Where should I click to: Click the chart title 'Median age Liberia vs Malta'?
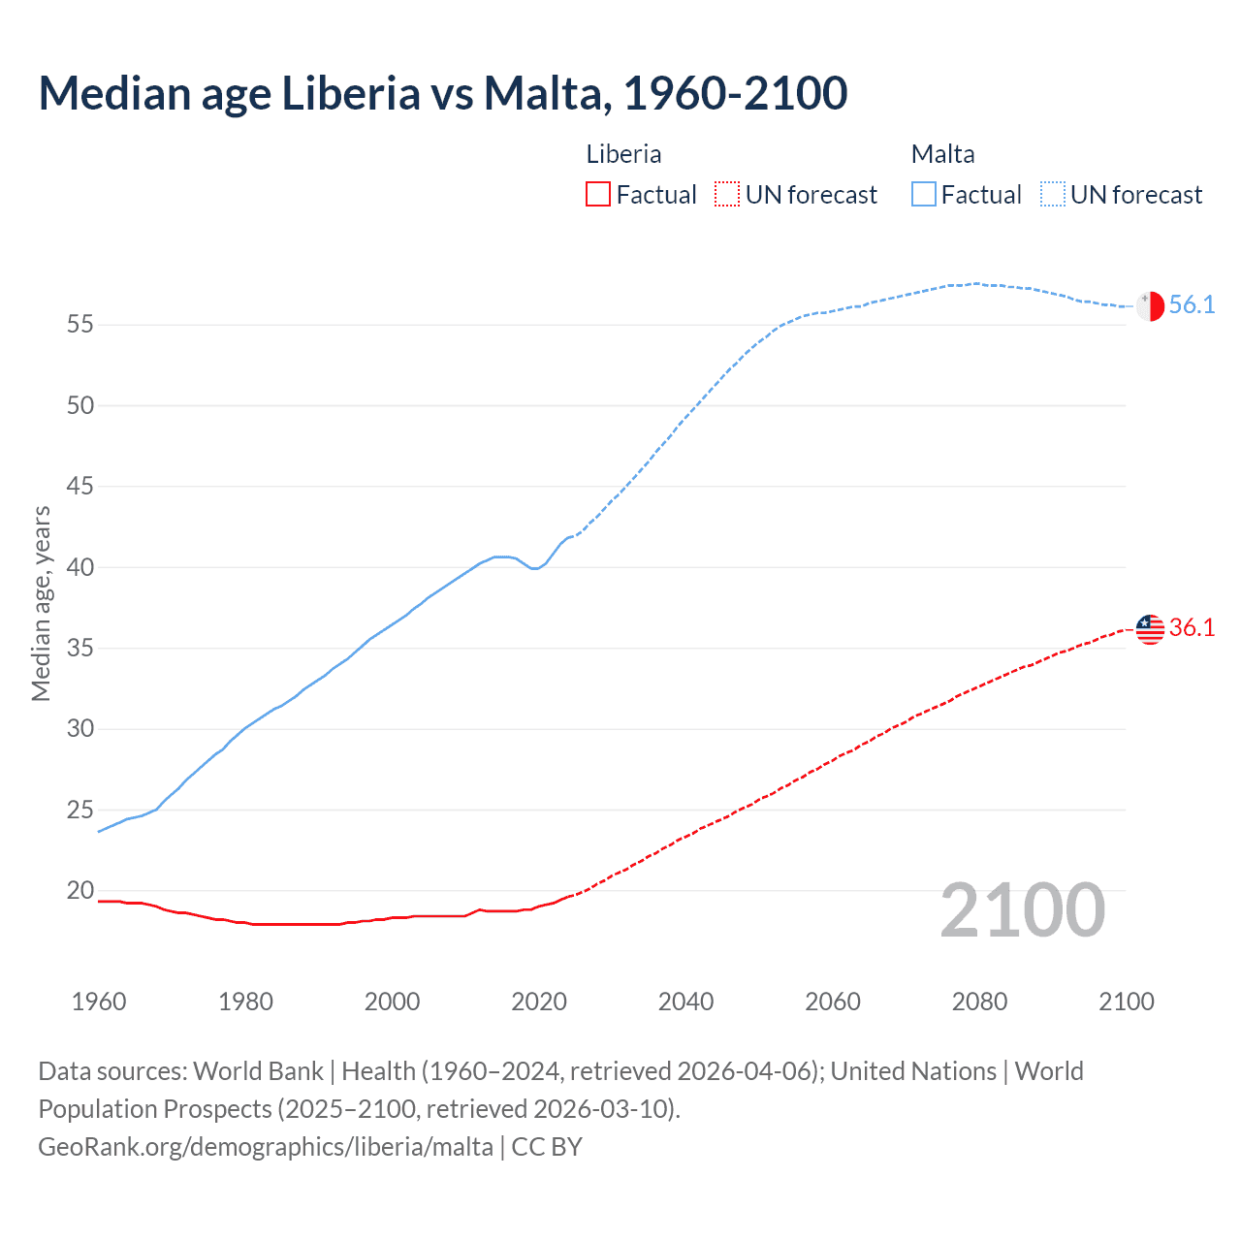pyautogui.click(x=442, y=93)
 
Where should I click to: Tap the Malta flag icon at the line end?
pyautogui.click(x=1150, y=305)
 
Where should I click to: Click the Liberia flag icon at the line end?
pyautogui.click(x=1150, y=628)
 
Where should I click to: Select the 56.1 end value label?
pyautogui.click(x=1192, y=305)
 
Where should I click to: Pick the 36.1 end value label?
pyautogui.click(x=1192, y=628)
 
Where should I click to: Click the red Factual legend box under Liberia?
pyautogui.click(x=598, y=195)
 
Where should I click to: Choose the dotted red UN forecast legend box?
pyautogui.click(x=727, y=195)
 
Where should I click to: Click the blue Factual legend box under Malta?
pyautogui.click(x=924, y=195)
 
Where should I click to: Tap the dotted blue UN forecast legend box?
pyautogui.click(x=1052, y=195)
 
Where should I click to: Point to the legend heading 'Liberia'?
pyautogui.click(x=623, y=154)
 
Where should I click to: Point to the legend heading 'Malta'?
pyautogui.click(x=942, y=154)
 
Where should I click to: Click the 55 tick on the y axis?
pyautogui.click(x=80, y=325)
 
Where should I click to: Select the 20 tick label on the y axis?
pyautogui.click(x=80, y=890)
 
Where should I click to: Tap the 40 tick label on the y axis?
pyautogui.click(x=80, y=567)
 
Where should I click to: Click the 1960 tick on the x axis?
pyautogui.click(x=99, y=1002)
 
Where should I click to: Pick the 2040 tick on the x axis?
pyautogui.click(x=685, y=1002)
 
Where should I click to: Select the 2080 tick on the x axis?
pyautogui.click(x=979, y=1002)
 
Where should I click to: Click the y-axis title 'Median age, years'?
pyautogui.click(x=41, y=603)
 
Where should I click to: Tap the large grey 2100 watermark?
pyautogui.click(x=1022, y=910)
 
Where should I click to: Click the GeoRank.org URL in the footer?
pyautogui.click(x=266, y=1147)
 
